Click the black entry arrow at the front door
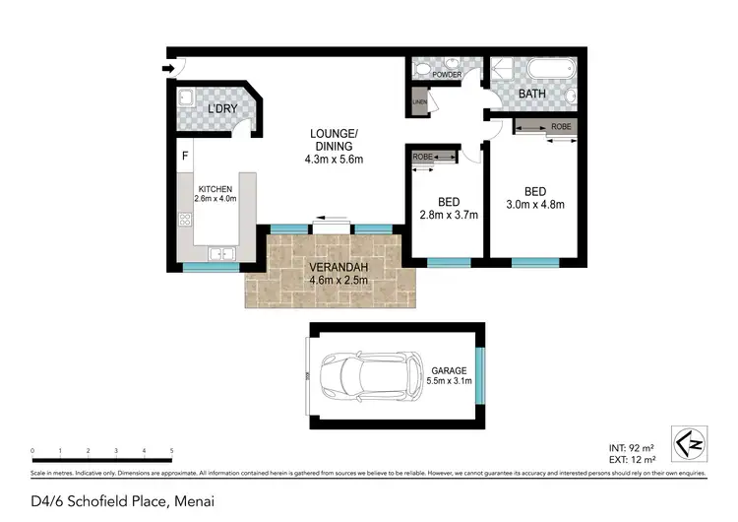(168, 68)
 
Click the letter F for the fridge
(184, 155)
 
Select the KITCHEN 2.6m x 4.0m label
(215, 195)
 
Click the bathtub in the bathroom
(549, 70)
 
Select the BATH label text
(532, 95)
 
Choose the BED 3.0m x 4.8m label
(535, 198)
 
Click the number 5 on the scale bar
(171, 450)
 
